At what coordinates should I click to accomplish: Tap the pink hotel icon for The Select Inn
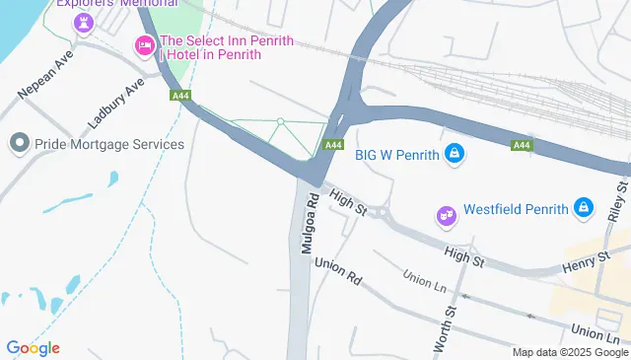pyautogui.click(x=144, y=43)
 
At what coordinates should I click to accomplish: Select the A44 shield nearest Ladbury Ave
pyautogui.click(x=179, y=96)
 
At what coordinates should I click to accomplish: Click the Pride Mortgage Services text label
pyautogui.click(x=109, y=144)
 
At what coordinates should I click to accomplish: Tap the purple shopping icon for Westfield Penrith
pyautogui.click(x=445, y=212)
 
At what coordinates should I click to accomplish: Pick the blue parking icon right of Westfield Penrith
pyautogui.click(x=585, y=207)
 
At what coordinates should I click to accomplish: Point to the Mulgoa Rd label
pyautogui.click(x=310, y=223)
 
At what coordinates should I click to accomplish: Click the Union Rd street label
pyautogui.click(x=338, y=273)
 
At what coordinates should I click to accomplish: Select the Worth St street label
pyautogui.click(x=445, y=331)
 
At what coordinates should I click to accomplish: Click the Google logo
pyautogui.click(x=33, y=347)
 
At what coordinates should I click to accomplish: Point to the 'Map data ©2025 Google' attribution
pyautogui.click(x=570, y=352)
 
